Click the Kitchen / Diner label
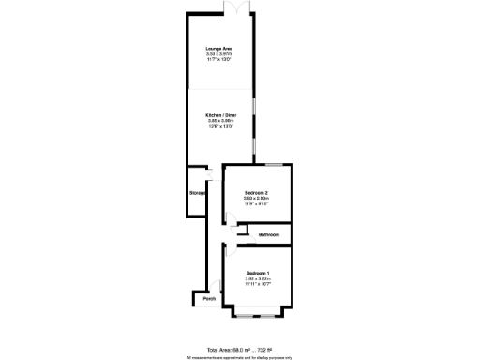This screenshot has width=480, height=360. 219,116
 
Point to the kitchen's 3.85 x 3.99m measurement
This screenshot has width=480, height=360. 219,122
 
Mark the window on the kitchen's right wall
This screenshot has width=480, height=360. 253,127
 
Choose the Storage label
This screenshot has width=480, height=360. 197,193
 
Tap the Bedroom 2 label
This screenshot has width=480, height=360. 257,193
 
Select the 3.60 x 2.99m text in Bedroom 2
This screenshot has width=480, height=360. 257,199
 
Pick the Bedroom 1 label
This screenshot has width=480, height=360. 257,273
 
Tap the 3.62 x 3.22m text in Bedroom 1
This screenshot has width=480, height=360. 257,278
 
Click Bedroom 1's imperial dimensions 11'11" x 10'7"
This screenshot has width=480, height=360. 257,284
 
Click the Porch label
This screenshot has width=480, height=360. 208,299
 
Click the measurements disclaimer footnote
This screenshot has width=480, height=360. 240,356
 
